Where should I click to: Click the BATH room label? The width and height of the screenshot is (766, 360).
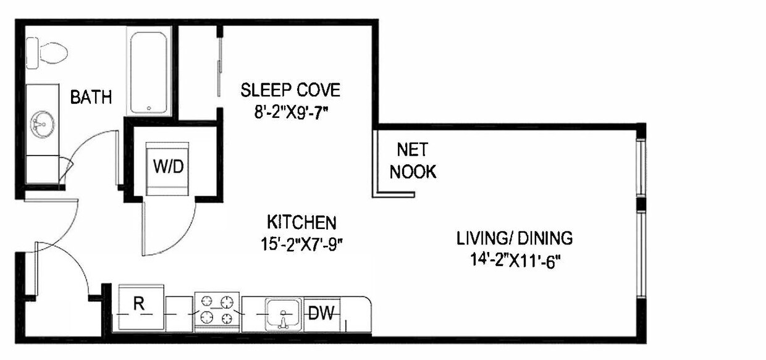pos(91,97)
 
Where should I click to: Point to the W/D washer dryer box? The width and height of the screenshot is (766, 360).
pos(168,167)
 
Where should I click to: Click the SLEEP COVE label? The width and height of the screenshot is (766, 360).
pos(290,91)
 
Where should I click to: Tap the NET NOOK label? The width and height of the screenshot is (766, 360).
pos(413,161)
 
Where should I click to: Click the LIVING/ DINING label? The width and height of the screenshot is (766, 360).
pos(514,238)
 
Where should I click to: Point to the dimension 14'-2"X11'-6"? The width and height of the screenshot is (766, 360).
pos(514,259)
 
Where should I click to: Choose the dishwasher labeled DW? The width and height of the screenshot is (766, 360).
pos(322,314)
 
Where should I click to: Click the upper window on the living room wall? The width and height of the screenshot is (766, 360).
pos(641,167)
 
